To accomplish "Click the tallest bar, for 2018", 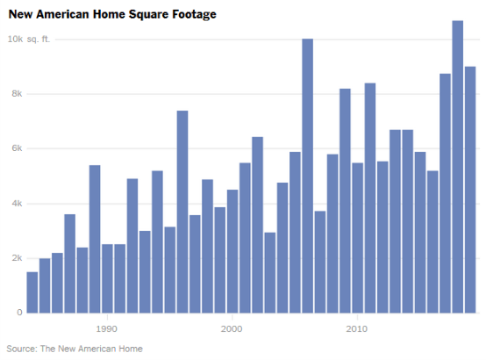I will click(457, 167).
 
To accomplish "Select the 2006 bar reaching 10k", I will click(307, 176).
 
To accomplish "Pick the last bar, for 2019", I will click(470, 189).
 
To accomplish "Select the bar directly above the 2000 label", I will click(232, 251).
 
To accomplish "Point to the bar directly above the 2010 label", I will click(357, 237).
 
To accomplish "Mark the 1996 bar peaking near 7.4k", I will click(182, 212).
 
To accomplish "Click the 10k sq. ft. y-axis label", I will click(25, 40).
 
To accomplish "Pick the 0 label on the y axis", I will click(18, 313).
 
